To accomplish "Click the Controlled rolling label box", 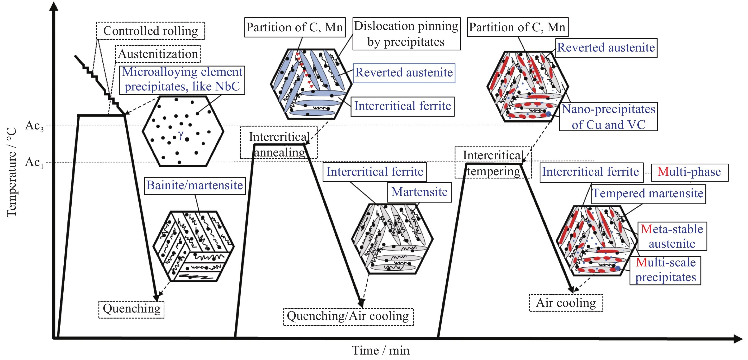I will (150, 30).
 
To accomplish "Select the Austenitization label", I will (158, 54).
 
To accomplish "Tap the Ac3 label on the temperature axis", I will (34, 126).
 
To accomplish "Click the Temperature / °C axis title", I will (12, 172).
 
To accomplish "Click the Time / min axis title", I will (381, 351).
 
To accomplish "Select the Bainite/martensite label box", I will (194, 185).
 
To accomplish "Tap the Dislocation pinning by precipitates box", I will (406, 34).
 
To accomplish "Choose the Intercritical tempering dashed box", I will (493, 163).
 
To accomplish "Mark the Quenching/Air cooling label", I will (348, 316).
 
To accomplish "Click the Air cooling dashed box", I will (566, 303).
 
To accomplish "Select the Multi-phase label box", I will (689, 172).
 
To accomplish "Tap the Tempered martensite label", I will (648, 194).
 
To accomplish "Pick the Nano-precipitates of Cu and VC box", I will (608, 117).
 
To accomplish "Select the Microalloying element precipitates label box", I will (182, 79).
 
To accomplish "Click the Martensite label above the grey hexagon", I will (419, 192).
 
